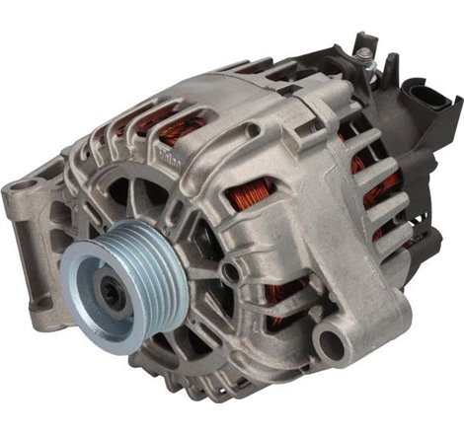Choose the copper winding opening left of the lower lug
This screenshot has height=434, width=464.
pos(291,296)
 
